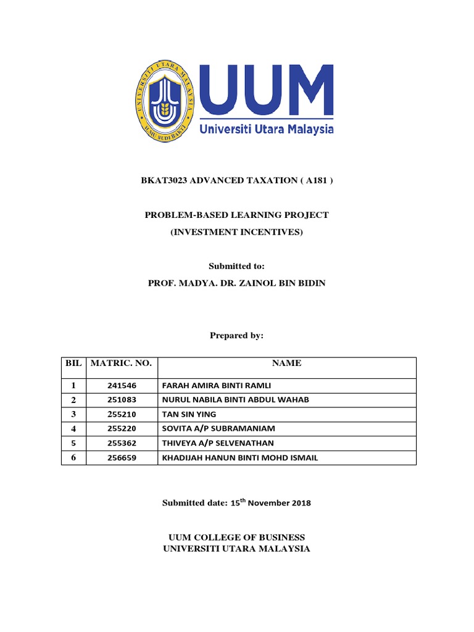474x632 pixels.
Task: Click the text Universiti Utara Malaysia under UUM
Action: point(267,129)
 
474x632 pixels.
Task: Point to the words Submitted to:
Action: point(236,265)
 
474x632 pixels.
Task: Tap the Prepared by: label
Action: point(236,335)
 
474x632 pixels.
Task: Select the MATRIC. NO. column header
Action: point(121,364)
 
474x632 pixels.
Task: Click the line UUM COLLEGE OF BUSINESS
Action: point(237,538)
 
